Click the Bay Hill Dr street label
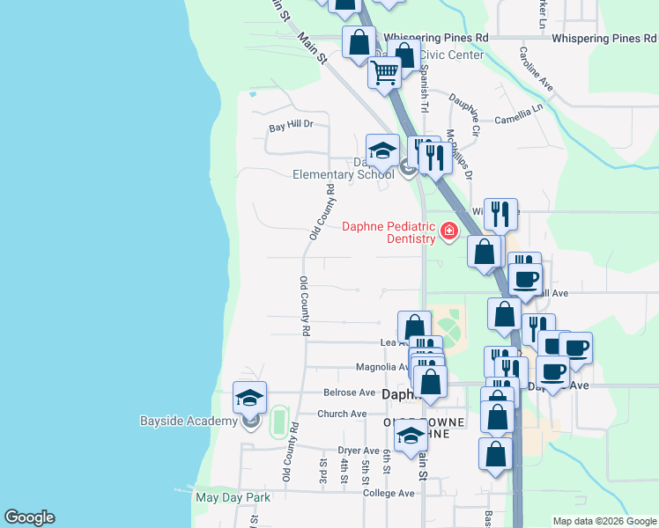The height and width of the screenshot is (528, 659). coord(291,125)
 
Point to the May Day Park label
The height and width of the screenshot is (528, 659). coord(233,497)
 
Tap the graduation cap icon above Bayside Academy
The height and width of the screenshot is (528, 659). coord(249,398)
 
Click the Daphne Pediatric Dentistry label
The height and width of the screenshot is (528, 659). coord(389,232)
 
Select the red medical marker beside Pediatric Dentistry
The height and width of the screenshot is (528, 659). coord(449,231)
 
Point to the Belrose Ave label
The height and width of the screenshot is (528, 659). coord(350,392)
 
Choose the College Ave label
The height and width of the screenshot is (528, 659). coord(389,493)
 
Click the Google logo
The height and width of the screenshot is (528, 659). coord(29,517)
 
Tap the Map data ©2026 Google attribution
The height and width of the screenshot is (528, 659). coord(603,521)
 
